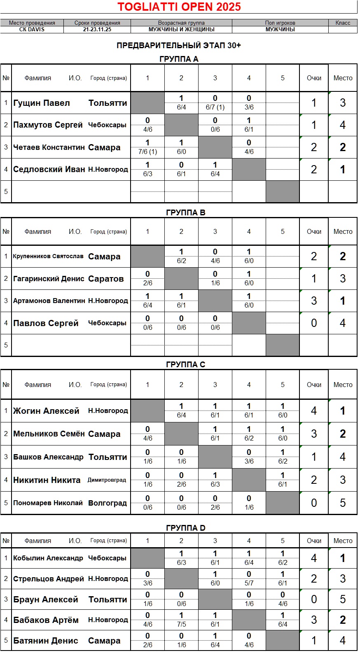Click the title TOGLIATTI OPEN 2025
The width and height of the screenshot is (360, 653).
(x=179, y=7)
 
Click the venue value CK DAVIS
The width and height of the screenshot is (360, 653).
(x=32, y=30)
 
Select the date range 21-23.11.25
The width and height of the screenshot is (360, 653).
(x=97, y=30)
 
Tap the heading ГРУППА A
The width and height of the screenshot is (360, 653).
(x=179, y=59)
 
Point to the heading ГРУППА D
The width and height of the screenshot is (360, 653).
(x=185, y=528)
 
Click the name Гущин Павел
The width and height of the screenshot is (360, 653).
(x=42, y=103)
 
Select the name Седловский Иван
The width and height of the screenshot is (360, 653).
(x=49, y=169)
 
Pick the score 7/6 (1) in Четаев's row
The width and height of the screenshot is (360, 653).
(x=147, y=152)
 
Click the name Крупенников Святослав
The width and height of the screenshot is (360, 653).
(x=48, y=256)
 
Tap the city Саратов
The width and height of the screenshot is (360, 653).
(x=106, y=279)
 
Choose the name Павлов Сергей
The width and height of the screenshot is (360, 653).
(x=46, y=323)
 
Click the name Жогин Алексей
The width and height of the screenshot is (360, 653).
(x=46, y=411)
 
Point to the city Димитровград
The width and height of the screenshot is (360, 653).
(x=107, y=480)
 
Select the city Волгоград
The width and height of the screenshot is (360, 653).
(x=108, y=503)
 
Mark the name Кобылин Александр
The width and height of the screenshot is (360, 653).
(x=48, y=558)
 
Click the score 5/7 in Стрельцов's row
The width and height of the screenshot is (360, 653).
(x=249, y=583)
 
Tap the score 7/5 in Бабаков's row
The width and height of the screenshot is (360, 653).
(x=181, y=624)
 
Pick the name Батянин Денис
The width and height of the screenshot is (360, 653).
(x=46, y=641)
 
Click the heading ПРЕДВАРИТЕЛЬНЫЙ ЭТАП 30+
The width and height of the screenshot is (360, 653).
(x=179, y=45)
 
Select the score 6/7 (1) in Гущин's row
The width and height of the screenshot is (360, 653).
(x=215, y=107)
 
